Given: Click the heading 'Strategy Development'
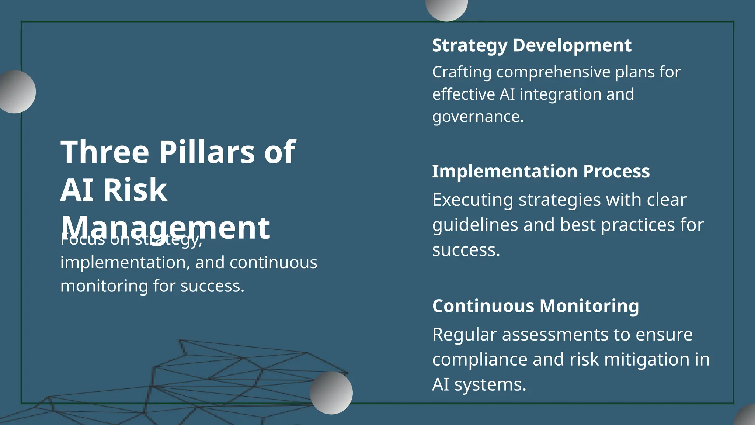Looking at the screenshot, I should (531, 46).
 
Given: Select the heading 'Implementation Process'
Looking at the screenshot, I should (540, 172).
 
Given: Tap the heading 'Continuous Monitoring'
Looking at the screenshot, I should (535, 306).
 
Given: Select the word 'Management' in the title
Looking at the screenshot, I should (165, 228).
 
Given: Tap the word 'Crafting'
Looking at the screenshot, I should (462, 72).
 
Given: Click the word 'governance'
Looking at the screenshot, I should (477, 117).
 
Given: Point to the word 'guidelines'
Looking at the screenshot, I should (475, 225).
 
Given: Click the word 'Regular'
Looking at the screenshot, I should (464, 335).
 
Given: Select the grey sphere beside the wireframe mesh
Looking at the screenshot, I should (331, 393).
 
